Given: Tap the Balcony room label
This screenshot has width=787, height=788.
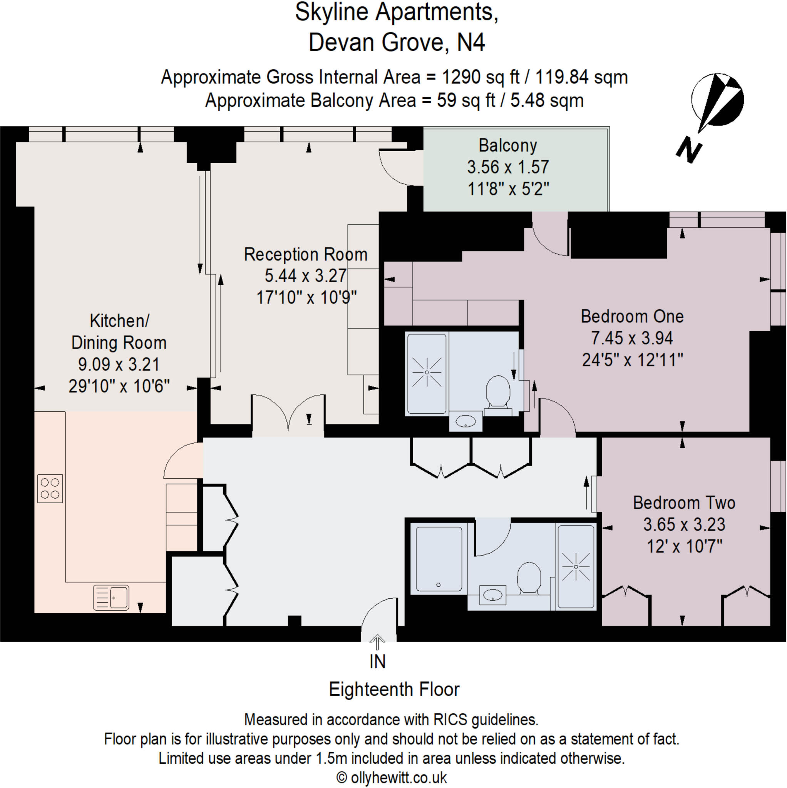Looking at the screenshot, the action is pyautogui.click(x=508, y=145).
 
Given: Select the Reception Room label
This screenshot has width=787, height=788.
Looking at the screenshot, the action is pyautogui.click(x=306, y=254).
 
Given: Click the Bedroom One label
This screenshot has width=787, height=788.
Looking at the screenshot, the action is pyautogui.click(x=632, y=317).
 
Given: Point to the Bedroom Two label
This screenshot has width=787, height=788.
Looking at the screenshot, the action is pyautogui.click(x=684, y=503).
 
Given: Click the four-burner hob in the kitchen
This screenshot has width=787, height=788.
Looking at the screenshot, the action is pyautogui.click(x=50, y=488).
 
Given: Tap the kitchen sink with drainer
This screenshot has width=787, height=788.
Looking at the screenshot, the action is pyautogui.click(x=111, y=598).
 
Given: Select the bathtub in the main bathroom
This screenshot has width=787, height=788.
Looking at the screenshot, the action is pyautogui.click(x=439, y=559).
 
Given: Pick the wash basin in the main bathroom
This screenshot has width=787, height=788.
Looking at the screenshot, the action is pyautogui.click(x=493, y=595).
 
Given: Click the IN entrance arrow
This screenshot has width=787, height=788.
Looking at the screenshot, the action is pyautogui.click(x=377, y=642).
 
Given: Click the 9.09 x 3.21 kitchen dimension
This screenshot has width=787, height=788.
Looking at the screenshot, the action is pyautogui.click(x=119, y=364).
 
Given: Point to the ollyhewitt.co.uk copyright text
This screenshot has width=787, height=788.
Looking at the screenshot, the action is pyautogui.click(x=392, y=778).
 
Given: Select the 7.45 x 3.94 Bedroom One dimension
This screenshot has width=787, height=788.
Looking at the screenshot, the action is pyautogui.click(x=632, y=338).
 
